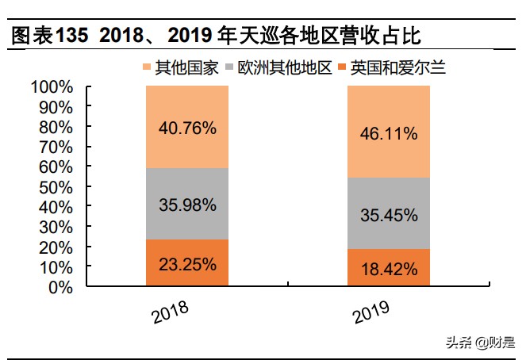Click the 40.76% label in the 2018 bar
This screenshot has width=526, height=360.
186,127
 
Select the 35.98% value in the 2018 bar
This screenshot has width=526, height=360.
186,205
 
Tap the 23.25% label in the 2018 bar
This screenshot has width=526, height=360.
186,264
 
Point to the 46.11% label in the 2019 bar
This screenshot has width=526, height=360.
388,133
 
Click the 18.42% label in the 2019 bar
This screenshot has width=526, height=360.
388,269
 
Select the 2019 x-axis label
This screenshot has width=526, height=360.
371,312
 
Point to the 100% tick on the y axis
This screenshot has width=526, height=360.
52,86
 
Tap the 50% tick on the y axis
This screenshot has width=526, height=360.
57,187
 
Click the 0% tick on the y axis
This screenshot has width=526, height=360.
62,288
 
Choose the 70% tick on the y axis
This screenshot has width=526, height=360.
57,147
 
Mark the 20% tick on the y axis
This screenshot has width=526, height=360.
57,247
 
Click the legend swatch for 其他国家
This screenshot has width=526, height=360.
148,68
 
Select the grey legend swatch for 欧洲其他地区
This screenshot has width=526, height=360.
232,68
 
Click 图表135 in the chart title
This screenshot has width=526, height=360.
44,36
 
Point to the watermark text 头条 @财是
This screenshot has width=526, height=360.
479,343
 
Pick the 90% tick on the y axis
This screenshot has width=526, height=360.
57,106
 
